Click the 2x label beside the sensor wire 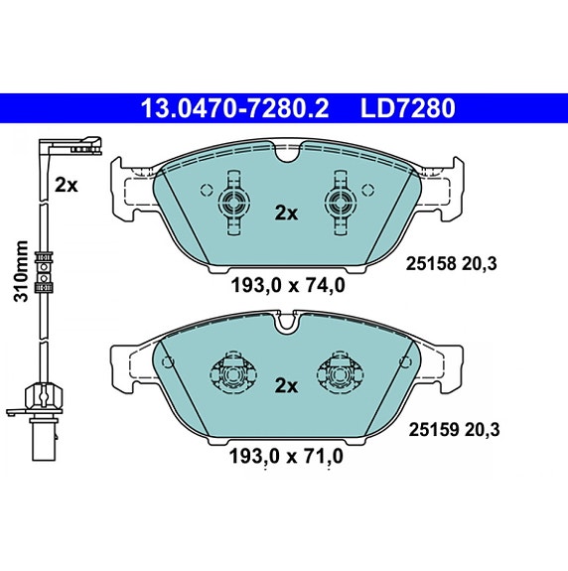pyautogui.click(x=67, y=184)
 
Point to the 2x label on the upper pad pyautogui.click(x=286, y=212)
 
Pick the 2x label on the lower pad pyautogui.click(x=286, y=385)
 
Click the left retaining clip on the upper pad pyautogui.click(x=235, y=203)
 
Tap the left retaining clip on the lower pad pyautogui.click(x=234, y=375)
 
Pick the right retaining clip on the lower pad pyautogui.click(x=339, y=375)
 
